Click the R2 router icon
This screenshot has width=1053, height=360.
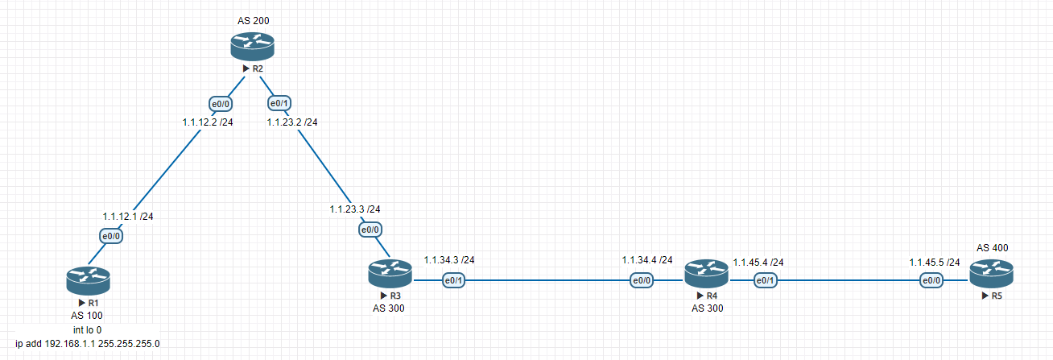coord(253,46)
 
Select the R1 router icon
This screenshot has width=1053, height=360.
coord(89,281)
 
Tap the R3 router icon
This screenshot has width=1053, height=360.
coord(390,274)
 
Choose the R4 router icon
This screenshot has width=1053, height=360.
coord(707,274)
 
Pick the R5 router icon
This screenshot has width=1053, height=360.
coord(992,274)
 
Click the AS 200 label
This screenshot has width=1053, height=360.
coord(254,21)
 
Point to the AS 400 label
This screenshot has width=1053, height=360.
coord(993,248)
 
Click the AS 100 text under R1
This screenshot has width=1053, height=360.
coord(87,316)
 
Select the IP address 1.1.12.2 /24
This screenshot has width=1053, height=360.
coord(208,122)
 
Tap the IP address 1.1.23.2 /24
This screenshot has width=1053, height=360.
coord(292,122)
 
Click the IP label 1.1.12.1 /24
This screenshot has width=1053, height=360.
coord(128,217)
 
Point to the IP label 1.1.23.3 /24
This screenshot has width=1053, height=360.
coord(355,209)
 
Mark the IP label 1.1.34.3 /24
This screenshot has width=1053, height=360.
coord(449,260)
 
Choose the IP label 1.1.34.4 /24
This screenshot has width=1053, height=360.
coord(647,260)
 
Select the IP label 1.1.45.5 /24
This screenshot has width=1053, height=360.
coord(935,263)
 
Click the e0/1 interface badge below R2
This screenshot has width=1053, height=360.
coord(279,103)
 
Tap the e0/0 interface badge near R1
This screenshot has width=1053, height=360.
coord(111,236)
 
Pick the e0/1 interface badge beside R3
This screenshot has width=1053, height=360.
coord(453,280)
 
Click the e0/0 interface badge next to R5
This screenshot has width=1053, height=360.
coord(931,280)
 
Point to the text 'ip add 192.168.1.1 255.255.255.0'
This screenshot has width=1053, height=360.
coord(88,344)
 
